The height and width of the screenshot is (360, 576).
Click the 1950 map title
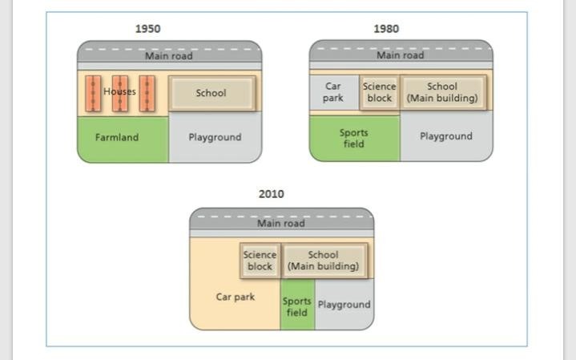[147, 29]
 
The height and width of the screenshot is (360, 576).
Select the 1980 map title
[385, 29]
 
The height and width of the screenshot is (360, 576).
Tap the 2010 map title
[271, 194]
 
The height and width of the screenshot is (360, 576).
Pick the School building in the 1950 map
[211, 93]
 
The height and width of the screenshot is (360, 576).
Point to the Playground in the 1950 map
[215, 138]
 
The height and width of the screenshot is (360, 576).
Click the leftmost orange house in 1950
[93, 93]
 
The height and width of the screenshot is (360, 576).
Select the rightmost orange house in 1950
[147, 93]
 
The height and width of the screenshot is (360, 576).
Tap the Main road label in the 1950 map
[168, 56]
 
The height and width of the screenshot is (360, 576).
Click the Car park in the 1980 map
[333, 92]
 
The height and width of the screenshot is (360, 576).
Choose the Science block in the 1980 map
[379, 92]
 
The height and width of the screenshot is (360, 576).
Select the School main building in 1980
[442, 92]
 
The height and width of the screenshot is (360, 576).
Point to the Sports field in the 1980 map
[353, 138]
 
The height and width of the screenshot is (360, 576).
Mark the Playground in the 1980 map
[445, 136]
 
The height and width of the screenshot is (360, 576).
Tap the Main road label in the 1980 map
[401, 56]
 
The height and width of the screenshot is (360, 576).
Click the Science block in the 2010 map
[260, 261]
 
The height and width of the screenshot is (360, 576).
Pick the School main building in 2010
[323, 261]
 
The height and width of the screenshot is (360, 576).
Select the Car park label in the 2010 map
[236, 297]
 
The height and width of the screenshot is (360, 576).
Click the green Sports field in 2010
[296, 306]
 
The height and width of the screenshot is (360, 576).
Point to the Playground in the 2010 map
[344, 305]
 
